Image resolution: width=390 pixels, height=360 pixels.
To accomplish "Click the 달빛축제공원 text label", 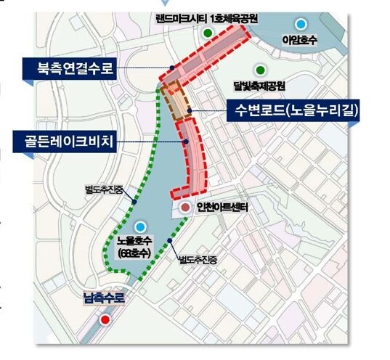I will point(259,86).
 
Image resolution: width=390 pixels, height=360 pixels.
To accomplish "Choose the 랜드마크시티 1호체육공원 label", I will point(208,17).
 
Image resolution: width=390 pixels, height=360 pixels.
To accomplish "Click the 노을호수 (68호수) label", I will point(139,245).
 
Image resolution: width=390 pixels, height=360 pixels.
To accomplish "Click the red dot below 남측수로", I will point(106,319).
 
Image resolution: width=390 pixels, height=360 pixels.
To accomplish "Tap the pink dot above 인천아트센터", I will point(186,208).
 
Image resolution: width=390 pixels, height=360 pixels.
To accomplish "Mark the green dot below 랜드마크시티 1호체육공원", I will point(208,33).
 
